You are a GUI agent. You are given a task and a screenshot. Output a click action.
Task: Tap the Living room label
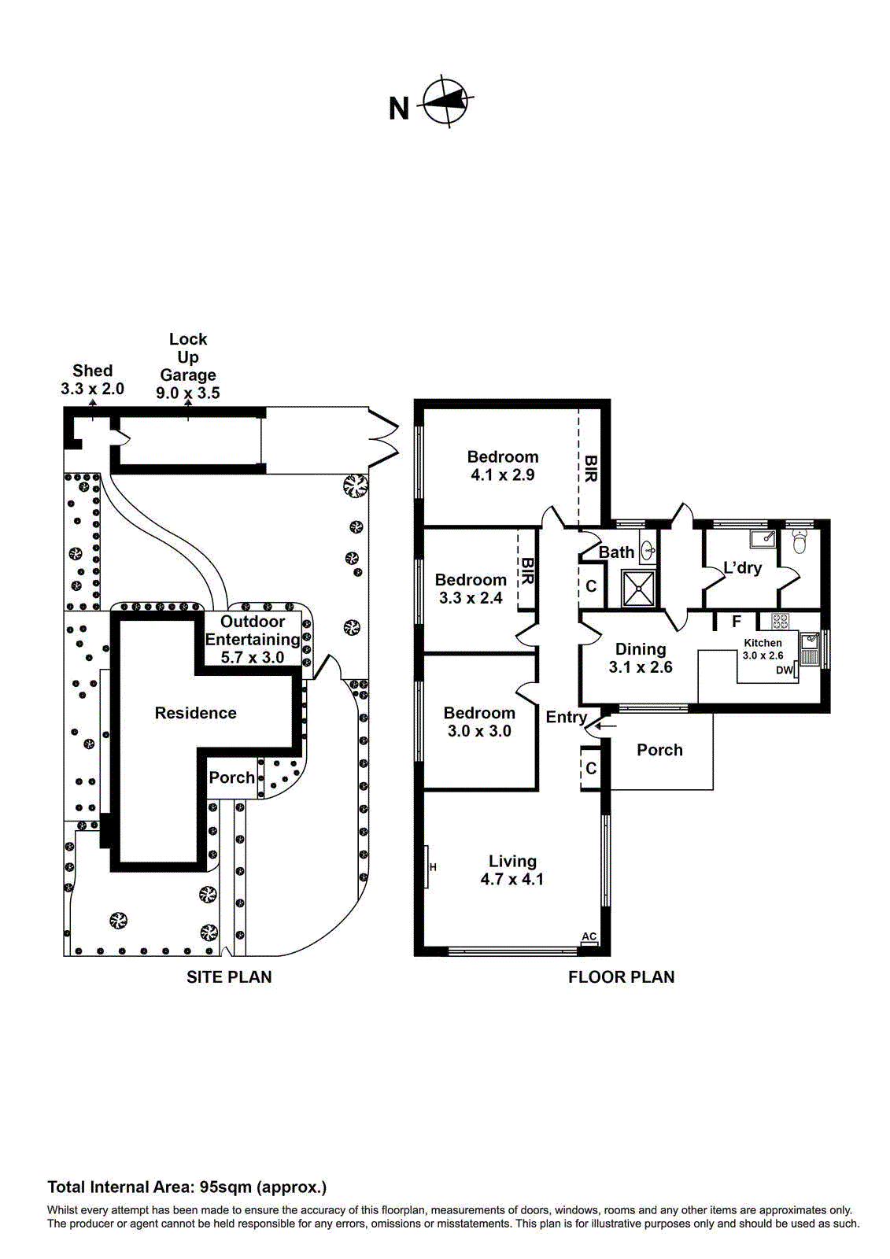click(x=512, y=862)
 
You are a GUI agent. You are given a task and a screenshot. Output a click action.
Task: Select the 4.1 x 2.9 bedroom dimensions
click(x=503, y=475)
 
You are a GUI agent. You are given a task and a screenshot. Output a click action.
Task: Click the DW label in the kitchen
click(x=784, y=670)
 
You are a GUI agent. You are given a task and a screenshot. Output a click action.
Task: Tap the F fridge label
click(x=737, y=622)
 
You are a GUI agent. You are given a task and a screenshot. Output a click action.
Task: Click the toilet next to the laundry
click(x=800, y=541)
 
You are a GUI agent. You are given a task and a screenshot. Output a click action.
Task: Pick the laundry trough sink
click(x=762, y=539)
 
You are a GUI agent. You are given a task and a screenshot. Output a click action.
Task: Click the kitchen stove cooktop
click(x=780, y=621)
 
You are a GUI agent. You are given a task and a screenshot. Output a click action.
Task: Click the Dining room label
click(x=641, y=649)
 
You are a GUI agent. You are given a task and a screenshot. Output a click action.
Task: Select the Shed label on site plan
click(x=93, y=371)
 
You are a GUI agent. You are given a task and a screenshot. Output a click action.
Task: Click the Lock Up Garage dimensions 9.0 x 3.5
click(x=188, y=393)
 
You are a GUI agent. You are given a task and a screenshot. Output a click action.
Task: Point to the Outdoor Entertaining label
click(x=252, y=630)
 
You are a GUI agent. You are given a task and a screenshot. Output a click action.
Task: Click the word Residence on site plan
click(x=195, y=713)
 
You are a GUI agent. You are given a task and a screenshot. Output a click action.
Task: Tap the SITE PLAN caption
click(x=229, y=977)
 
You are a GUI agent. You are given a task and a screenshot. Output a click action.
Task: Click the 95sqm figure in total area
click(x=226, y=1187)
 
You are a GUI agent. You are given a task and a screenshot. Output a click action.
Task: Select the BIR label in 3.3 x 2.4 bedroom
click(x=527, y=570)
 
